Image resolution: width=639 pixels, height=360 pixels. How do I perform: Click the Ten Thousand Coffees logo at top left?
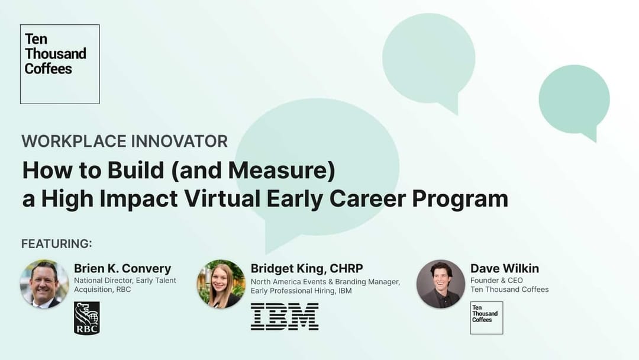60,64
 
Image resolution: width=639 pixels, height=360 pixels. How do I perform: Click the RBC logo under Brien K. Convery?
87,318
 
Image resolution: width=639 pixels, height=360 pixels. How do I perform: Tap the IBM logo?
285,317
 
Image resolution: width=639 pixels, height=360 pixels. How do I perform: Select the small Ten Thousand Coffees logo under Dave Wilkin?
486,317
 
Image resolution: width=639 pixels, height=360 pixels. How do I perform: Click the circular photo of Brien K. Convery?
44,284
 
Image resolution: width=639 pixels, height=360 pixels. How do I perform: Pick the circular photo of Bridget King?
221,284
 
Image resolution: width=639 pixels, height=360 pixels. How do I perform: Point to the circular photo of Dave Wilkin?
440,284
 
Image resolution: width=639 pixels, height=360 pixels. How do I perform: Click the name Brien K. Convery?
122,269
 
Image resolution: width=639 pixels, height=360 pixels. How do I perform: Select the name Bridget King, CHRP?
306,269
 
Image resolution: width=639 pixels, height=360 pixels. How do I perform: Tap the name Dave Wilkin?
505,269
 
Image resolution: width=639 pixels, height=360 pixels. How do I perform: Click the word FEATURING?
57,244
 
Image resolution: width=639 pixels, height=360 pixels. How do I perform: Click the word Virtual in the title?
216,198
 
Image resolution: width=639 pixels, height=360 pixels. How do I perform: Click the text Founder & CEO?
496,280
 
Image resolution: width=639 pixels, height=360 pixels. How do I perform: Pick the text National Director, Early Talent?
125,281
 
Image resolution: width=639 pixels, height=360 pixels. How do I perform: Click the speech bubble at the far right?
573,101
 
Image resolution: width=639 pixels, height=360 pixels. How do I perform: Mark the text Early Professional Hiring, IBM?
301,291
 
